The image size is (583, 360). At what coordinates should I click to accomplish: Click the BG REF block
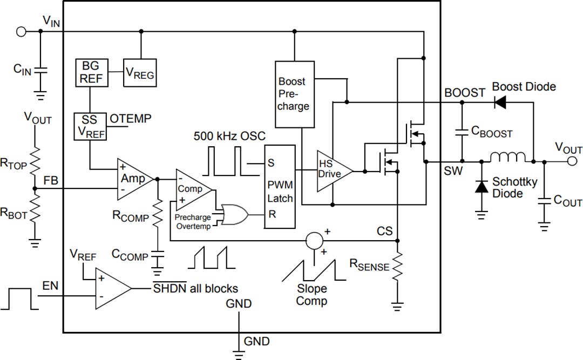click(x=92, y=72)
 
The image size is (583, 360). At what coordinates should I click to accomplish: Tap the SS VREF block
click(x=91, y=126)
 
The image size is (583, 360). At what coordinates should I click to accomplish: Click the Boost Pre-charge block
click(x=294, y=94)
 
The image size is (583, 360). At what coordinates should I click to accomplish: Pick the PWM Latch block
click(x=280, y=187)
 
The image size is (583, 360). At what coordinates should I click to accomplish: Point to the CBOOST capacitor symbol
click(x=462, y=131)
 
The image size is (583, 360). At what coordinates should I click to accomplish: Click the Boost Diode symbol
click(x=500, y=101)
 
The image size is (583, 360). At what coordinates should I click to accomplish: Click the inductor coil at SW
click(x=507, y=157)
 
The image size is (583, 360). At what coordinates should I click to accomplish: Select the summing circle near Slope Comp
click(x=314, y=240)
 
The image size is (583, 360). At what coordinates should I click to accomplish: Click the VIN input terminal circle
click(x=22, y=31)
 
